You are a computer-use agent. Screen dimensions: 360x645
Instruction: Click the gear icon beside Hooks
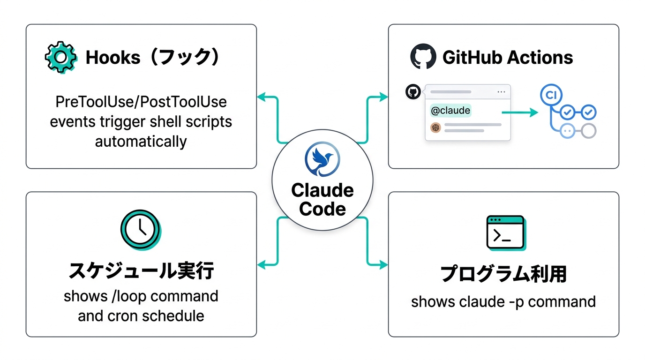(x=61, y=57)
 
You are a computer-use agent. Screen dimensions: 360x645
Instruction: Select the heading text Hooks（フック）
(x=153, y=58)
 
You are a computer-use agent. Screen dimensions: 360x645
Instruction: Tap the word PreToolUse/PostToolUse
(x=141, y=102)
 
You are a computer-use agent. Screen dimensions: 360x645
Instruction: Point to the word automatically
(x=141, y=141)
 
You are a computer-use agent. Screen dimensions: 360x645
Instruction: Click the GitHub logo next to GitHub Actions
(x=423, y=57)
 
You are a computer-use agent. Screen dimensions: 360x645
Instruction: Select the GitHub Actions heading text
(x=508, y=58)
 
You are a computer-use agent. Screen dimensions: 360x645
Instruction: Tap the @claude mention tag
(x=450, y=111)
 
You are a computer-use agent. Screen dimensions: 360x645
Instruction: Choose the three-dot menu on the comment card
(x=501, y=92)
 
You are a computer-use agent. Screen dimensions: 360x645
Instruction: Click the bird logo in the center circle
(x=322, y=160)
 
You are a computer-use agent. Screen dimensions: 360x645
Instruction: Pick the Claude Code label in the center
(x=322, y=199)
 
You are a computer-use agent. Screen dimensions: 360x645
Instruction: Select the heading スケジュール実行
(x=141, y=271)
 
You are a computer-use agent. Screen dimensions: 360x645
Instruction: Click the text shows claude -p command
(x=503, y=301)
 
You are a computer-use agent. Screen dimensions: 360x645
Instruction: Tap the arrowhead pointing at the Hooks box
(x=261, y=97)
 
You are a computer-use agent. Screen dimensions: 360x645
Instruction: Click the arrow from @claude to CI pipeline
(x=519, y=112)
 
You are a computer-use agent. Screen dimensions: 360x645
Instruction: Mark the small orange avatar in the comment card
(x=436, y=127)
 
